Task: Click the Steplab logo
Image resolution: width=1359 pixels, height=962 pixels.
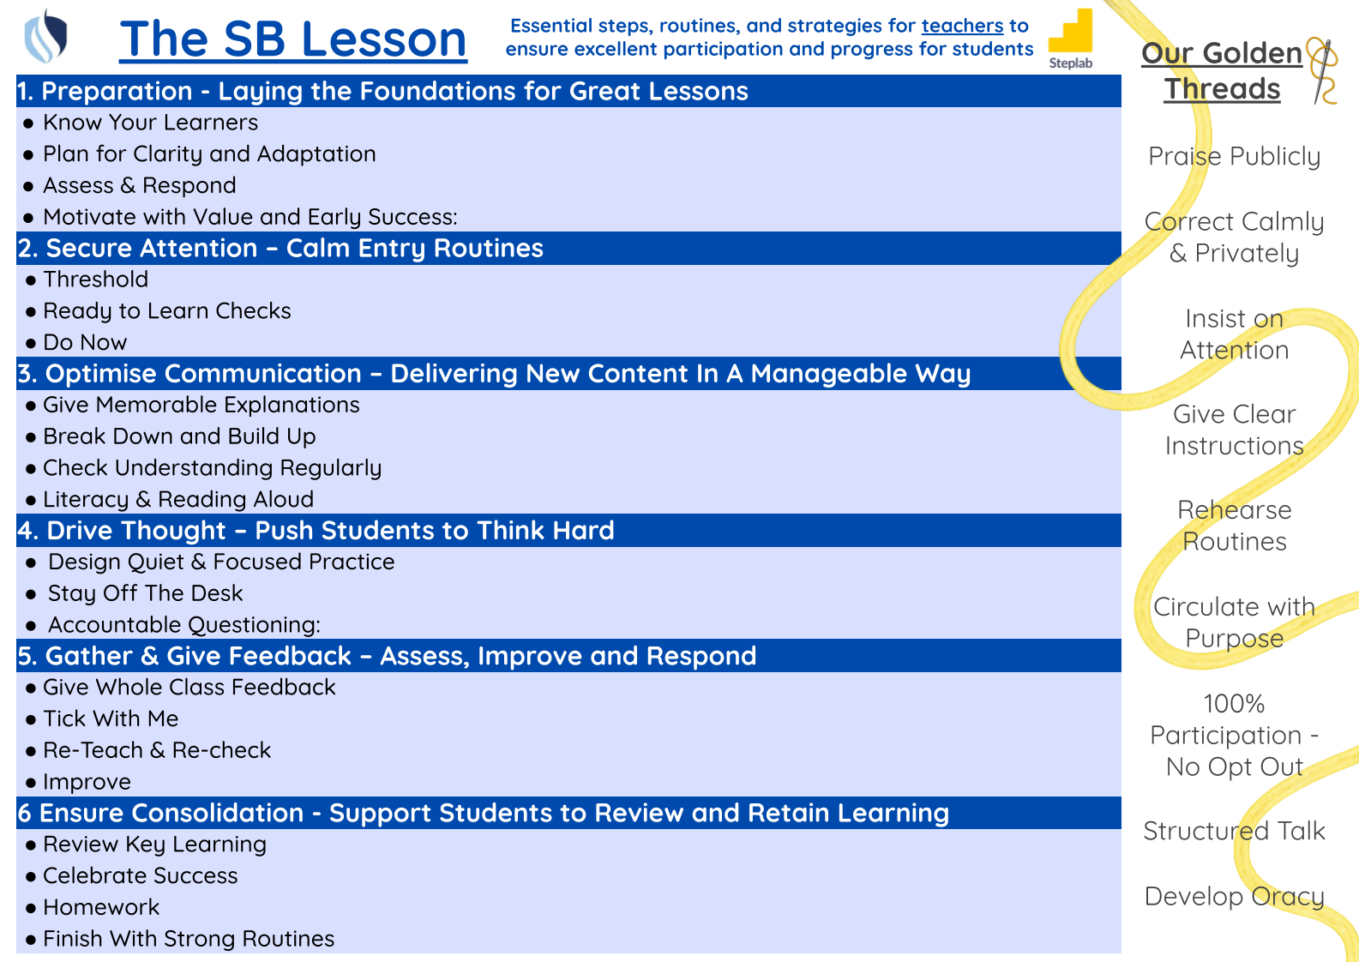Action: (x=1070, y=39)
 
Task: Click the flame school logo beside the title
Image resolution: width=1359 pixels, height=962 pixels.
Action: (x=45, y=36)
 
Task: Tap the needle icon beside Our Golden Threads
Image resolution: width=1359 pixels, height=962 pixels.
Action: (x=1323, y=70)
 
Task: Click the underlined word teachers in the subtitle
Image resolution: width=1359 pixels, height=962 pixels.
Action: (x=962, y=26)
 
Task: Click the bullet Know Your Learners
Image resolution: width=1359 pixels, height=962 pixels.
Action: (x=150, y=123)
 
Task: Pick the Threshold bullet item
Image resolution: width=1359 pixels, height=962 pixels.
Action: (x=96, y=280)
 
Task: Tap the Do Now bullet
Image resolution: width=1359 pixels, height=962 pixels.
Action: (x=85, y=343)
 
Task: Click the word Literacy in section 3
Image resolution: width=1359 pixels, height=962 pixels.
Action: (x=86, y=499)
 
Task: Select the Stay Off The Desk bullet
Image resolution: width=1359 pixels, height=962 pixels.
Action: (x=145, y=593)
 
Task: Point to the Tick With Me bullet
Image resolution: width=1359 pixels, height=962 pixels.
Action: (x=111, y=718)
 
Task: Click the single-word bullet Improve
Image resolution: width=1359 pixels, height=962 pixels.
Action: (x=87, y=782)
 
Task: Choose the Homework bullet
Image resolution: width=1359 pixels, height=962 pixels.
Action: (x=101, y=907)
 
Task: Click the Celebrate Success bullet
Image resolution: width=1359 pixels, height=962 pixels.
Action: (x=140, y=876)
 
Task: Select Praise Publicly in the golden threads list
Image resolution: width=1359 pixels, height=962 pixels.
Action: (x=1234, y=157)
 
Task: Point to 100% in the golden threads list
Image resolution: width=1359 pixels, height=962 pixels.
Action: (x=1234, y=704)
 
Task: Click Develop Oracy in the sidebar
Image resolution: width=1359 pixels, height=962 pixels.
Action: (x=1234, y=897)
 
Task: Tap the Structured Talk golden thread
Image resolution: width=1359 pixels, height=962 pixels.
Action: (x=1234, y=831)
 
